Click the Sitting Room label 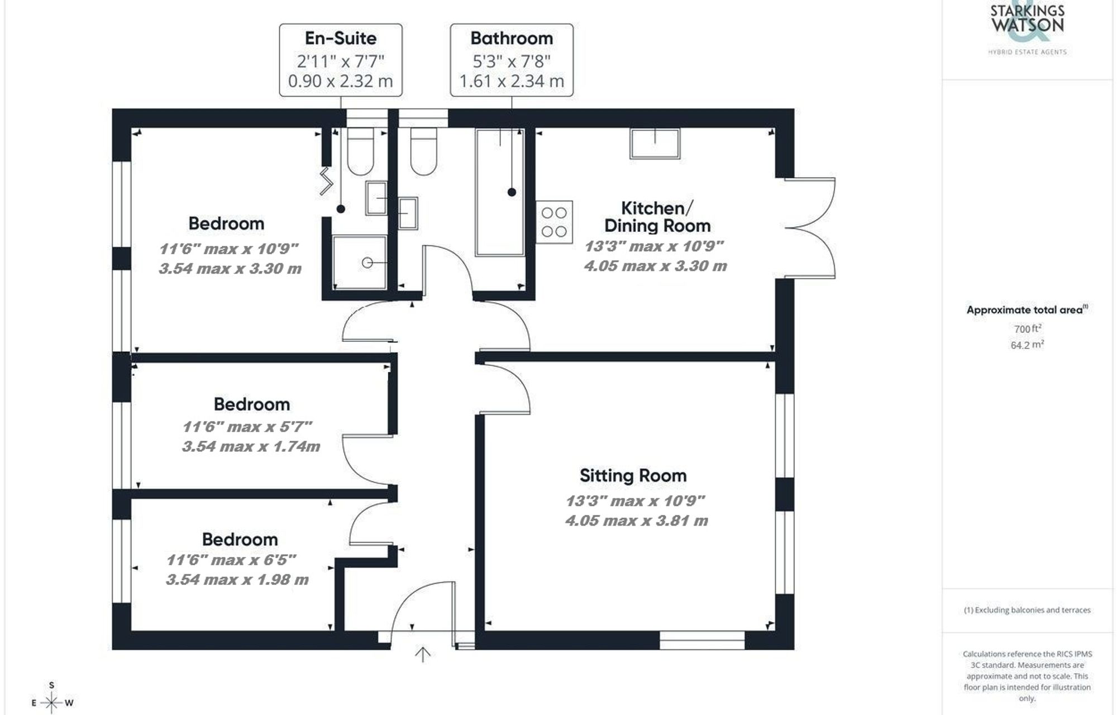633,476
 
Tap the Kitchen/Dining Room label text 657,217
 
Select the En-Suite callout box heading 341,39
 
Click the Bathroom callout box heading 512,39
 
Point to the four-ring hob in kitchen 554,222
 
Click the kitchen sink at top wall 655,144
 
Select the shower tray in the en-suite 360,262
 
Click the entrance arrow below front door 423,654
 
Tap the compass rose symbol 51,702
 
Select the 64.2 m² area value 1027,345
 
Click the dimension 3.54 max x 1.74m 251,447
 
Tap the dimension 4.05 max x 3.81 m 636,521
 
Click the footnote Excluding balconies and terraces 1027,610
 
